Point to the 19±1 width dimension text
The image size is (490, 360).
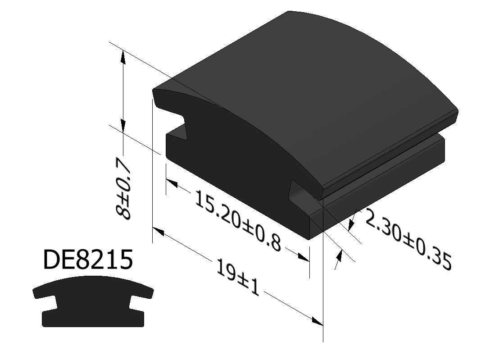pyautogui.click(x=238, y=278)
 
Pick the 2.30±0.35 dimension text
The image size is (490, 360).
pyautogui.click(x=408, y=241)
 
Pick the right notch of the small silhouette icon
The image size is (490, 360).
pyautogui.click(x=136, y=303)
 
